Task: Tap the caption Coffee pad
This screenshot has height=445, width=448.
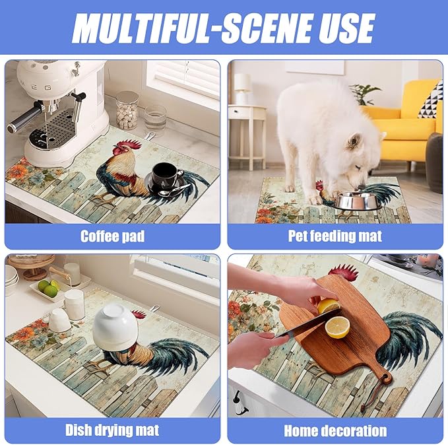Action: click(113, 236)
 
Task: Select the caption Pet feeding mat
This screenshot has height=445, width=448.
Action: click(335, 236)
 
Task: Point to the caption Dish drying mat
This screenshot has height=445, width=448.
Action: click(112, 430)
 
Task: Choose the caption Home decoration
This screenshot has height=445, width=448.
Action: click(335, 430)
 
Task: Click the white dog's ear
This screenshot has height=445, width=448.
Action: click(354, 141)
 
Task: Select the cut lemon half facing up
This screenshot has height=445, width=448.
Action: click(337, 327)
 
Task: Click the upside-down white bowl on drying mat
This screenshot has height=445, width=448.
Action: click(115, 327)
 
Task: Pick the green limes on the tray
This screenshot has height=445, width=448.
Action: click(48, 288)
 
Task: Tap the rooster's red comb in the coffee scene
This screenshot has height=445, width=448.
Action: click(130, 145)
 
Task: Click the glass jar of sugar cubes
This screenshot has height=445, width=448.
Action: click(127, 111)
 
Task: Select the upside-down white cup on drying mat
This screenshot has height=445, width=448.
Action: click(59, 320)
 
